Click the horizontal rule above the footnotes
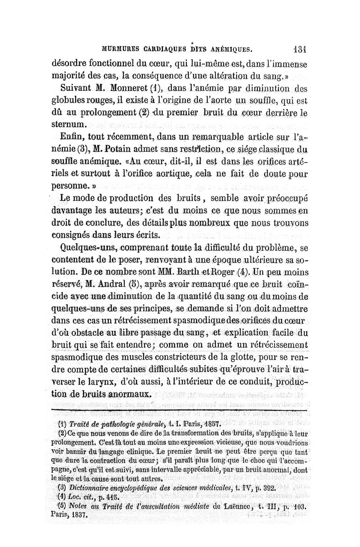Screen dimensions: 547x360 (x=180, y=410)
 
